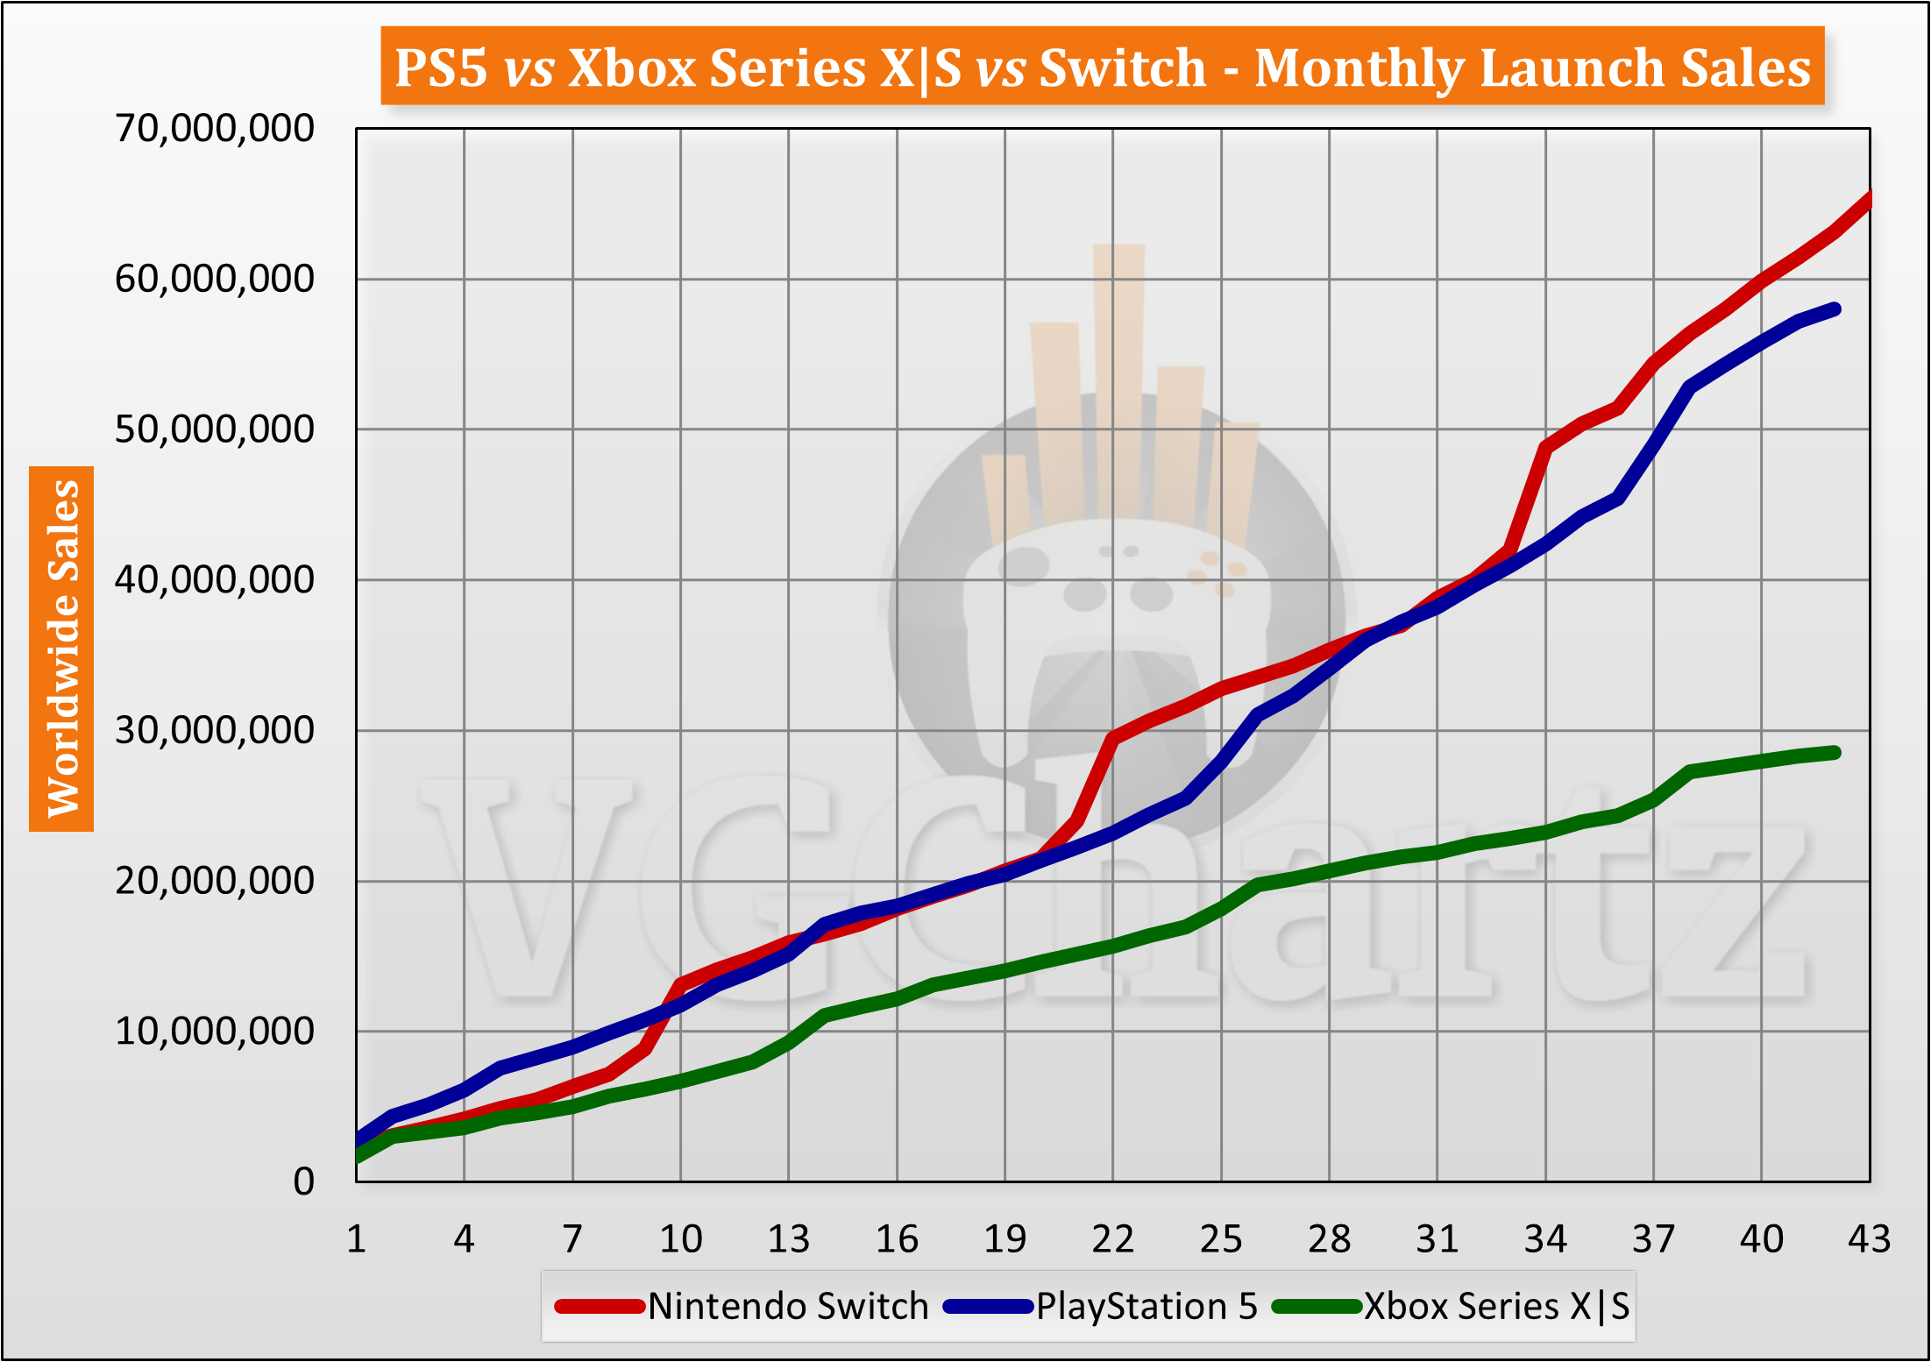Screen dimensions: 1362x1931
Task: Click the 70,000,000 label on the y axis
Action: click(214, 129)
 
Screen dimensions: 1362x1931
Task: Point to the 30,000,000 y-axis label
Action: click(214, 730)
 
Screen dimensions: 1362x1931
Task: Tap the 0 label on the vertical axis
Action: click(303, 1181)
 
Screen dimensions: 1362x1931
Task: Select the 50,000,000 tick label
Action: click(214, 429)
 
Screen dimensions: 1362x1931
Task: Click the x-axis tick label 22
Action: click(1112, 1239)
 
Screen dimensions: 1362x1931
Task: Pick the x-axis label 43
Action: click(1869, 1239)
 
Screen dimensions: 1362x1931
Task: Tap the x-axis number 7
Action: click(572, 1239)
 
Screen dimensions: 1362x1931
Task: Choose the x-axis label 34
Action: click(1545, 1239)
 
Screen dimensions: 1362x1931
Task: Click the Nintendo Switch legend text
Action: click(788, 1306)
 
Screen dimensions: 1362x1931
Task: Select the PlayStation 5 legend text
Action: click(1147, 1306)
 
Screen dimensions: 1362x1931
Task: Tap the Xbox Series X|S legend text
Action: click(1496, 1306)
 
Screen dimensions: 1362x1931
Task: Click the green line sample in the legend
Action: click(1317, 1307)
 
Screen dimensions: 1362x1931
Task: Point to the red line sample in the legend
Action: click(600, 1307)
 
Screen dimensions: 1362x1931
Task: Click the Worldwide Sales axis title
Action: click(62, 649)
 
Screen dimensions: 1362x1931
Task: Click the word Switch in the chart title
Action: click(1123, 67)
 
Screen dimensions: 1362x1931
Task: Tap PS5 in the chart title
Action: click(441, 67)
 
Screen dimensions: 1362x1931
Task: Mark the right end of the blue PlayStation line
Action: click(1835, 309)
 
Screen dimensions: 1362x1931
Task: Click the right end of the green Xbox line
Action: click(1835, 753)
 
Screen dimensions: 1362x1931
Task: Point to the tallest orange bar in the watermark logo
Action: click(1118, 377)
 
